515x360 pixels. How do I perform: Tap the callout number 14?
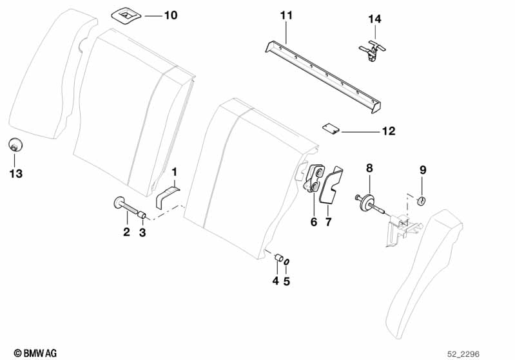(374, 19)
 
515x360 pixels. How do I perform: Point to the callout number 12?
(388, 131)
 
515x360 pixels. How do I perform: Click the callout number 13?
(15, 173)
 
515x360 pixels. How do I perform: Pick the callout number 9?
(423, 170)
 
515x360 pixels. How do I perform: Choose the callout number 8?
(369, 168)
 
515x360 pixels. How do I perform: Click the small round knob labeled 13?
(14, 145)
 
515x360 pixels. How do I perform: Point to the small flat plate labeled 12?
(330, 128)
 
